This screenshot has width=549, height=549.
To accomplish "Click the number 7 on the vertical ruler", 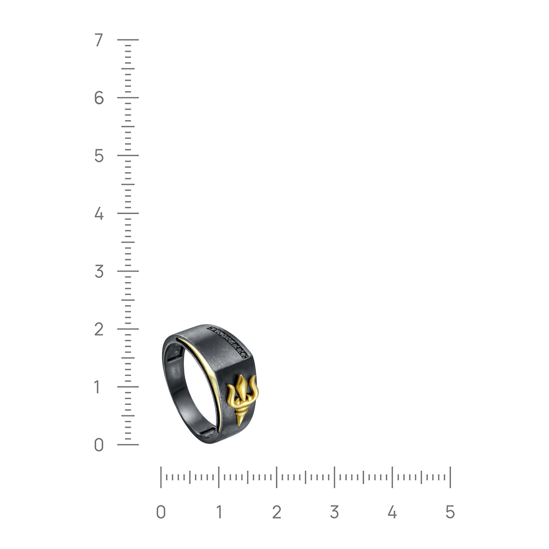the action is point(98,40).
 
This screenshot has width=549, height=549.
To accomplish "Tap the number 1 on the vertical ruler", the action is point(97,387).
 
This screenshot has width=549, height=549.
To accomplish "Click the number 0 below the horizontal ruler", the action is point(161,512).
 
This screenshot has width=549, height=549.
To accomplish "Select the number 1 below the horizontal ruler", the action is point(219,512).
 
